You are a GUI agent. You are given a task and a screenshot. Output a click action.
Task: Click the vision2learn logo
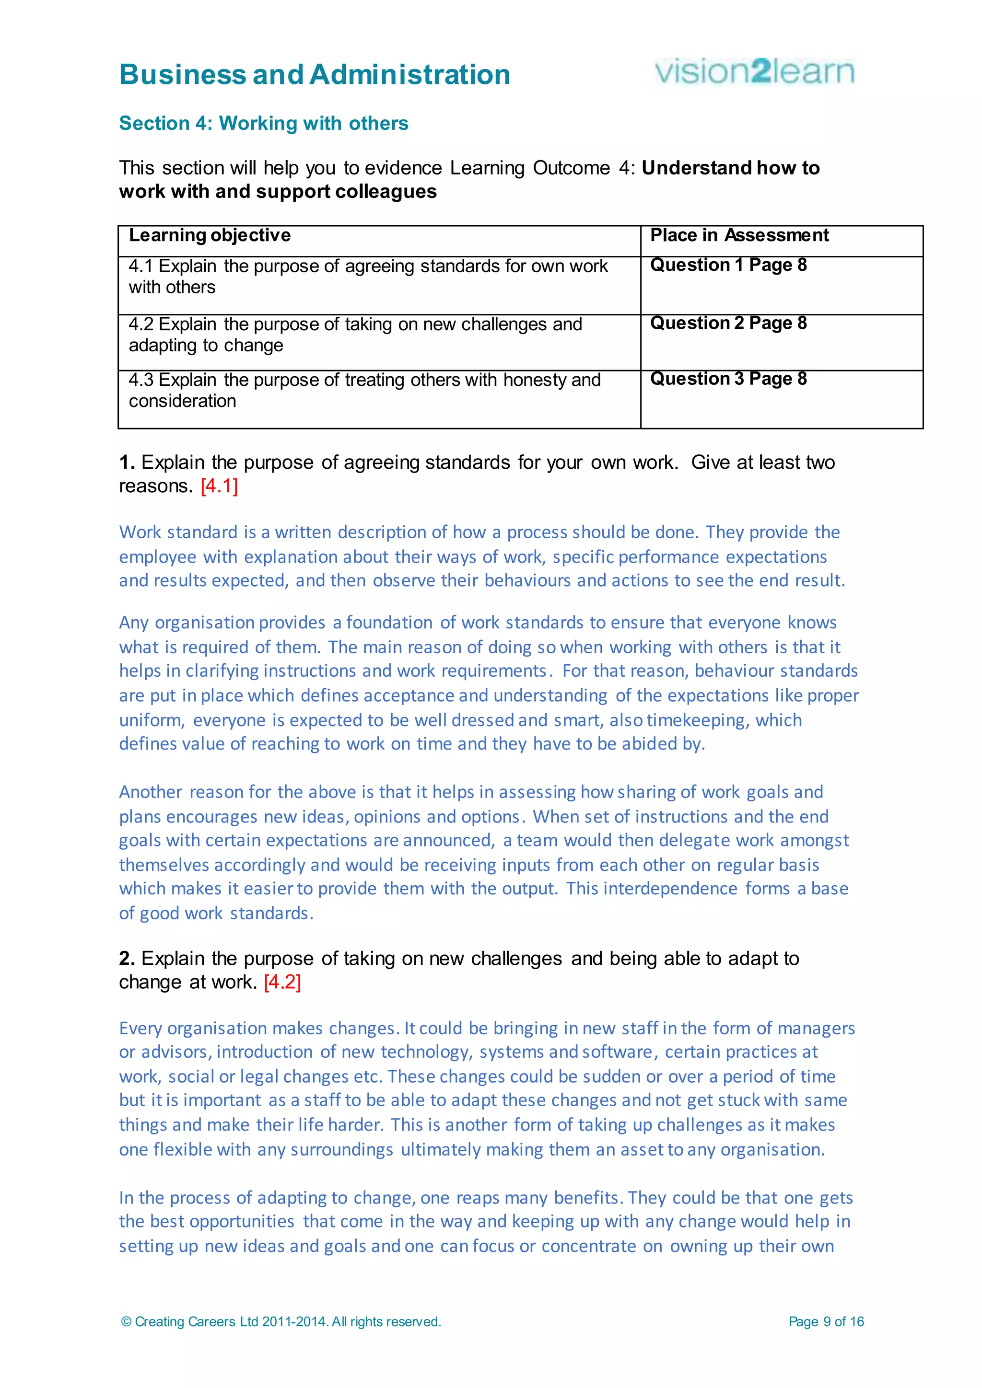(x=754, y=72)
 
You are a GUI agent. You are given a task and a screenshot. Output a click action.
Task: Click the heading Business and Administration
(x=315, y=75)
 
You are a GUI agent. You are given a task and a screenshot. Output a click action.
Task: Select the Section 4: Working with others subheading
(x=264, y=123)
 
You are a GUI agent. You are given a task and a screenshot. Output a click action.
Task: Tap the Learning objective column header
(x=210, y=235)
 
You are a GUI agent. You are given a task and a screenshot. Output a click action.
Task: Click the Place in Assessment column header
(x=739, y=235)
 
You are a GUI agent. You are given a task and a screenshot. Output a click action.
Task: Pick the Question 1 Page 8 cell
(x=728, y=266)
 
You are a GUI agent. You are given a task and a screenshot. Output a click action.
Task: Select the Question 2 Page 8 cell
(x=728, y=324)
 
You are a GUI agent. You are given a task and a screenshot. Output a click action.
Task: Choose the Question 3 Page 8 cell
(x=728, y=379)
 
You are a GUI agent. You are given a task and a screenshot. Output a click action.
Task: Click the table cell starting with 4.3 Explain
(x=364, y=390)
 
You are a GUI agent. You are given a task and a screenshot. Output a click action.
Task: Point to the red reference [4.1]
(x=219, y=486)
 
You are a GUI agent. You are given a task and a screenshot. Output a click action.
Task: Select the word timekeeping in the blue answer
(x=698, y=720)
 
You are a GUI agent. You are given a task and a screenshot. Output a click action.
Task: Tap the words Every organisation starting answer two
(x=193, y=1029)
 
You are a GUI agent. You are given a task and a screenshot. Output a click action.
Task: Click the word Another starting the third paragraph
(x=151, y=792)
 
